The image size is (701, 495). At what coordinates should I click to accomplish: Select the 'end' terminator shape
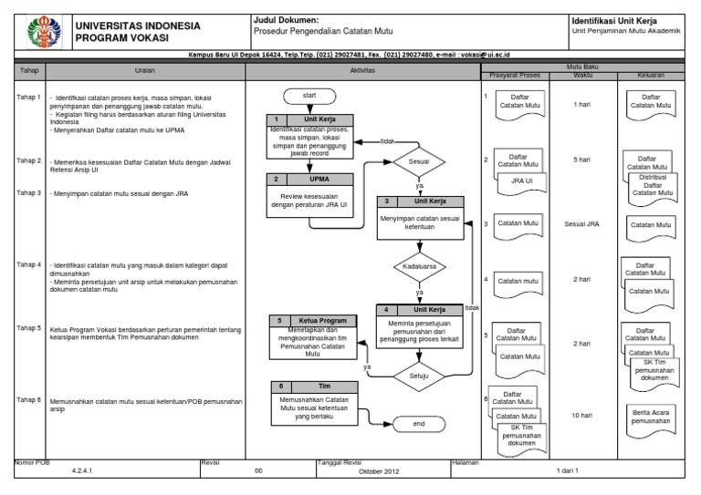(x=419, y=424)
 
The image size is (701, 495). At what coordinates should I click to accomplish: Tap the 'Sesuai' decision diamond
(x=420, y=163)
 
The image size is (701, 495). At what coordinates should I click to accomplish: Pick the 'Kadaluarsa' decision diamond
(x=420, y=267)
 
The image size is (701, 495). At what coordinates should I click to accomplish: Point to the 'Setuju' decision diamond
(x=420, y=374)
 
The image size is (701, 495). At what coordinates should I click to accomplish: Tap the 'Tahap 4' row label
(x=28, y=265)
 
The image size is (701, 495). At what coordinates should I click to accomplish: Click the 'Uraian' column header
(x=144, y=71)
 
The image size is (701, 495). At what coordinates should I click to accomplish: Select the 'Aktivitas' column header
(x=361, y=71)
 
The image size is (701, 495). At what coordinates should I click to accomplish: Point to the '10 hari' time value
(x=581, y=415)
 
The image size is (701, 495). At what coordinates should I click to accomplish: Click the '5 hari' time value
(x=581, y=160)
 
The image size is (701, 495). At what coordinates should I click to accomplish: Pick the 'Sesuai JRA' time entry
(x=581, y=223)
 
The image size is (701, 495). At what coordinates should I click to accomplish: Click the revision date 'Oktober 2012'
(x=379, y=471)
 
